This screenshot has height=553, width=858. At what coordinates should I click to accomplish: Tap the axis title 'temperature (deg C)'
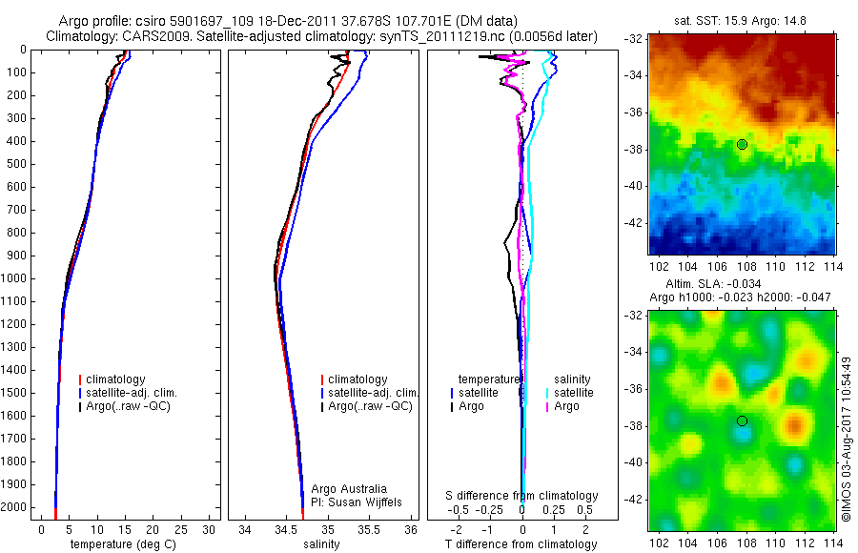(x=124, y=544)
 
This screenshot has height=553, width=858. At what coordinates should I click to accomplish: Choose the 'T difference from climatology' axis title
(x=521, y=544)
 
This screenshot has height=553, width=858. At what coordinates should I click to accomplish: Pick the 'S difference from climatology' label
(x=521, y=496)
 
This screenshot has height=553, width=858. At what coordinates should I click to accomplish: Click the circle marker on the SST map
(x=742, y=144)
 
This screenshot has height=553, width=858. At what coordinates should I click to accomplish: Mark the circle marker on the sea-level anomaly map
(x=742, y=420)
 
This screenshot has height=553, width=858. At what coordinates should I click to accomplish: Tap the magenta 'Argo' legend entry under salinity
(x=566, y=406)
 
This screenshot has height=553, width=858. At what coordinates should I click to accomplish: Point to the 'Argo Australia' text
(x=349, y=488)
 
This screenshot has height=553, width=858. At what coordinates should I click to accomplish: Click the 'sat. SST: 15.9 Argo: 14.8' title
(x=742, y=21)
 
